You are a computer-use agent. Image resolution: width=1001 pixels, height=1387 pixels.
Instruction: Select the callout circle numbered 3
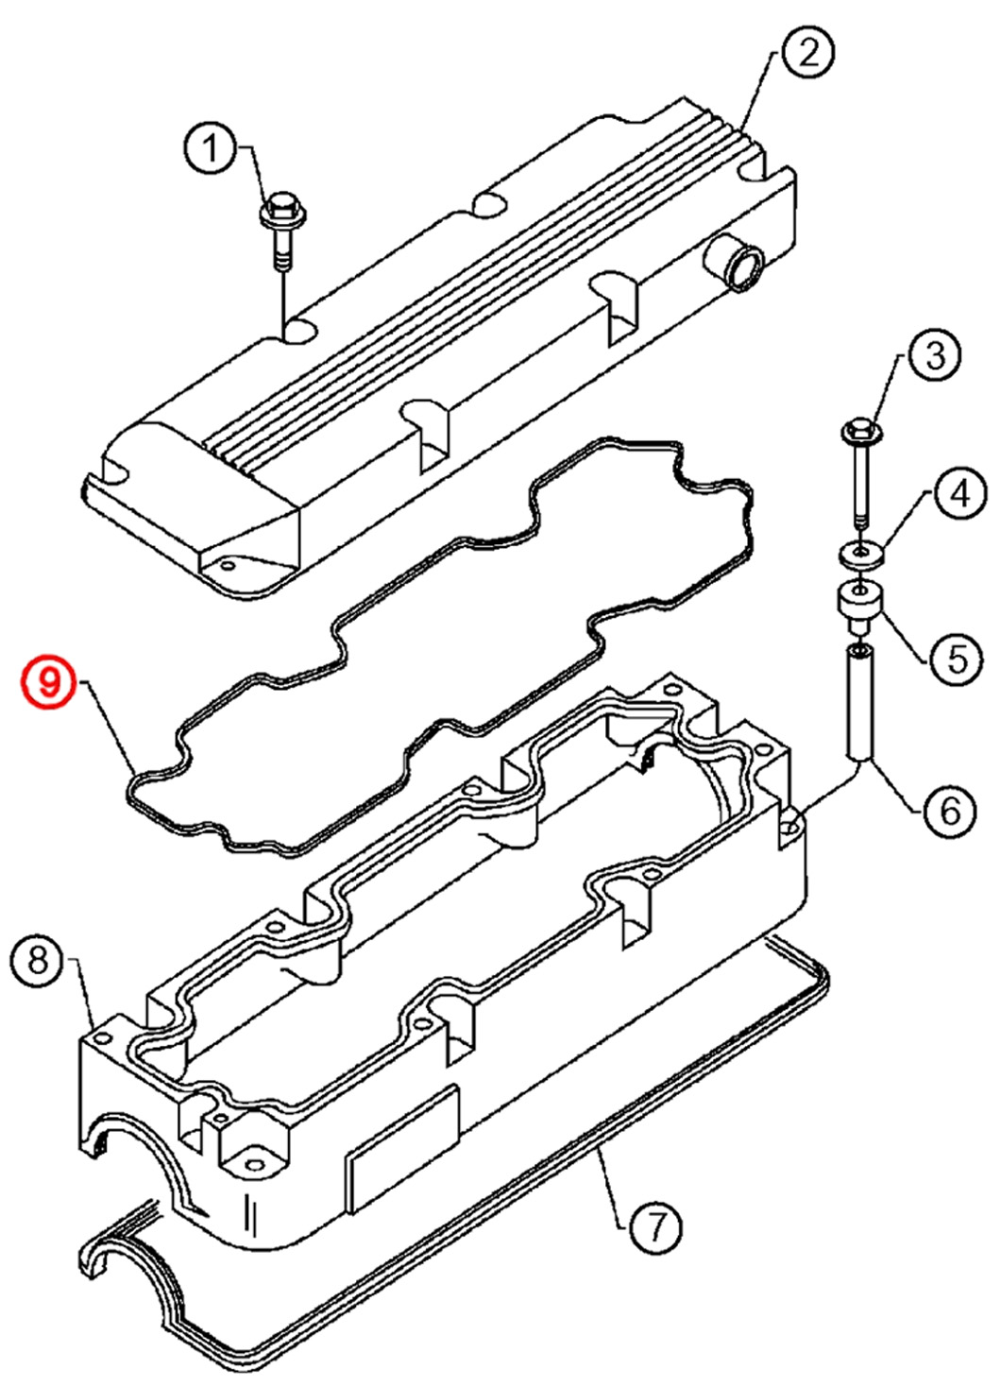click(x=934, y=355)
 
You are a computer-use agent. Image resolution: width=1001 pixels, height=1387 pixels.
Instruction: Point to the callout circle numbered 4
click(x=959, y=493)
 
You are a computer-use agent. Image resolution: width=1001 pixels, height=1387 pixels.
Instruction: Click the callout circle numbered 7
click(x=654, y=1226)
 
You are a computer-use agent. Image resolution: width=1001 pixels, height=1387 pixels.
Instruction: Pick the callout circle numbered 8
click(x=38, y=961)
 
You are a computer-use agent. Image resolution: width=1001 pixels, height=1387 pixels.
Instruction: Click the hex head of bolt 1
click(x=280, y=208)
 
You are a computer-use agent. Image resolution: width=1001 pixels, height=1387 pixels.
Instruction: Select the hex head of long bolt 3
click(x=860, y=431)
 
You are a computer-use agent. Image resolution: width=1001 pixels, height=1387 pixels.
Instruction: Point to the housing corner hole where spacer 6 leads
click(x=789, y=828)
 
